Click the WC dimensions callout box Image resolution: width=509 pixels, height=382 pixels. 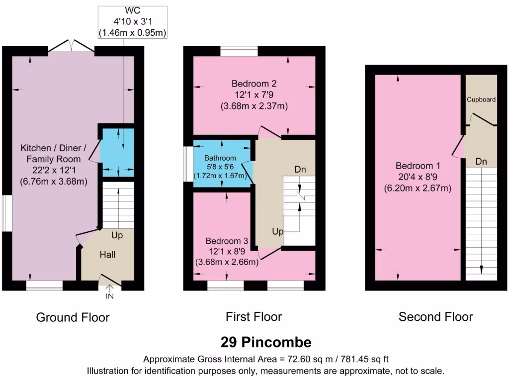click(132, 22)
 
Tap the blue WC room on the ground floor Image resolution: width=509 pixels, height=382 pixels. click(118, 152)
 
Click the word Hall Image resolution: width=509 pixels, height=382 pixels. click(107, 255)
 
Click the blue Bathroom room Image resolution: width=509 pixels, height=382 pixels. click(222, 164)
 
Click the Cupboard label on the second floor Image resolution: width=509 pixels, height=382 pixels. click(481, 99)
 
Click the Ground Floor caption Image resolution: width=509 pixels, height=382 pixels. click(73, 317)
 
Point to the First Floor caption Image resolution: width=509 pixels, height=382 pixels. click(254, 316)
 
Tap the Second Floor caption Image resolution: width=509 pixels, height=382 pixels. click(435, 316)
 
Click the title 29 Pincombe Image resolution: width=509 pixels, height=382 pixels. click(266, 342)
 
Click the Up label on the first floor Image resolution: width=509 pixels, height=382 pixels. click(278, 231)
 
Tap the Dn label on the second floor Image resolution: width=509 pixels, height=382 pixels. click(481, 162)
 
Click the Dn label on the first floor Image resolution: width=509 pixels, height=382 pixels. click(300, 170)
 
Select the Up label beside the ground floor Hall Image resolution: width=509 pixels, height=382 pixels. click(117, 234)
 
